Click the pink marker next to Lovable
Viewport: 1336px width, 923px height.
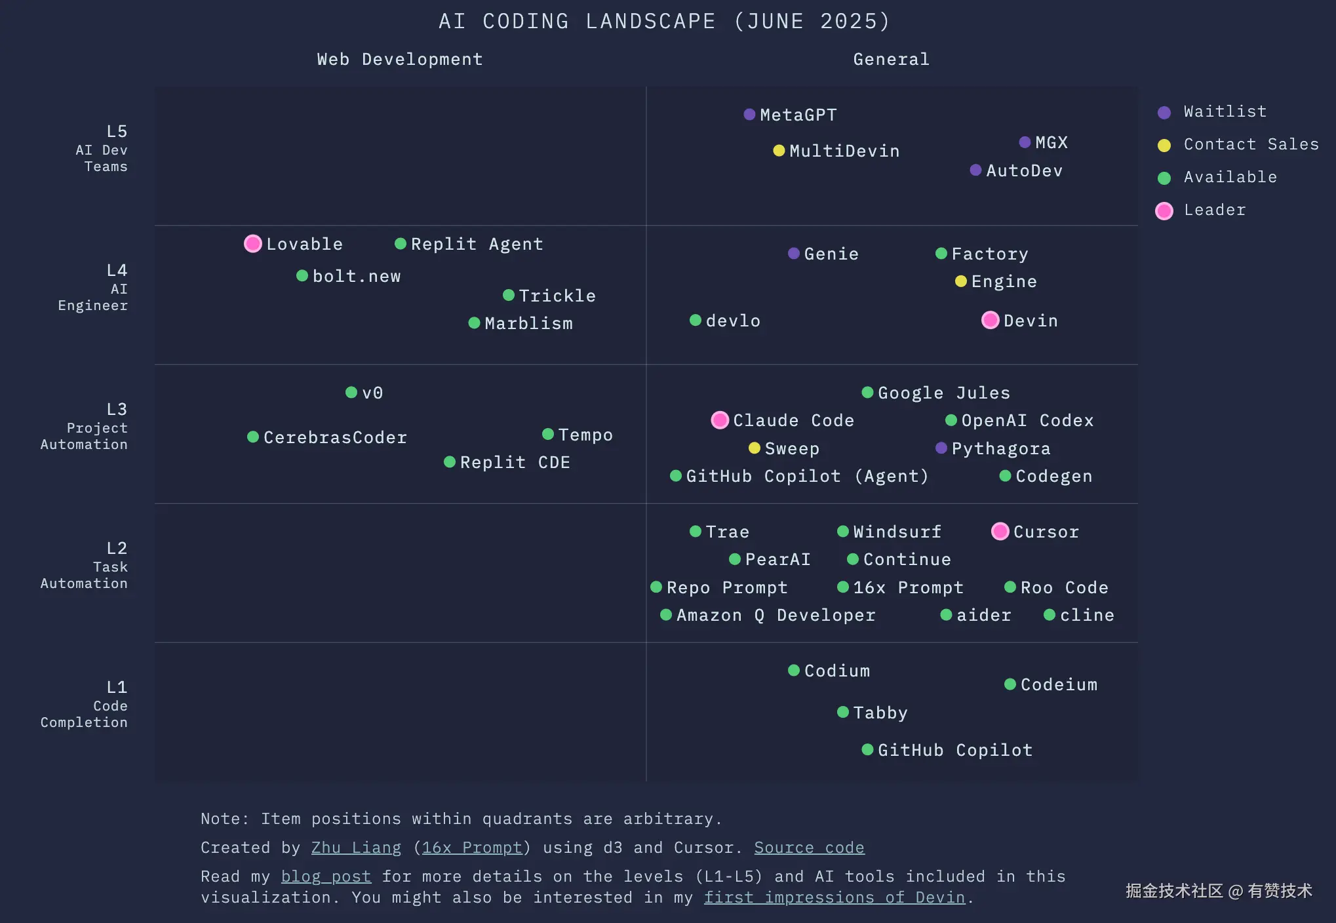tap(253, 244)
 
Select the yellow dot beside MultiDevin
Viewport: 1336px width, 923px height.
tap(779, 151)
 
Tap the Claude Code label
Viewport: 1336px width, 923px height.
tap(793, 421)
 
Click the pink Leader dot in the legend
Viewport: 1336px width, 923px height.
tap(1164, 210)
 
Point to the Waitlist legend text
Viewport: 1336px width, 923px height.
tap(1225, 112)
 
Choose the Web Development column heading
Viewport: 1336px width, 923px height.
tap(400, 60)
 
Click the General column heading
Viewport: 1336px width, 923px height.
tap(891, 60)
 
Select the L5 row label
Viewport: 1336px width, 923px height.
tap(116, 132)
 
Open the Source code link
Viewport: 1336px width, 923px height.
tap(809, 848)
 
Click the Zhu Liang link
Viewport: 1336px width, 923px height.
tap(356, 848)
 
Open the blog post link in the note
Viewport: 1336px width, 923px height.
tap(326, 876)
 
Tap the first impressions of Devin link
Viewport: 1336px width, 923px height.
tap(835, 897)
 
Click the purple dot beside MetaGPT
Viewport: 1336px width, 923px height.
tap(750, 115)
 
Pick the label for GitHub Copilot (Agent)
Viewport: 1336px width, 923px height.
tap(807, 477)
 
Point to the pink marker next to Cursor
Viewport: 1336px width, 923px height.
tap(1000, 532)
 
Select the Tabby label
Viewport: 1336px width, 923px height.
tap(880, 713)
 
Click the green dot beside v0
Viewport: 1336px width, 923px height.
tap(351, 393)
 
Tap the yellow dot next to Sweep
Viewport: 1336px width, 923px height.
tap(755, 448)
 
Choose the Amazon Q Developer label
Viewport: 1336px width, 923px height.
tap(776, 616)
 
